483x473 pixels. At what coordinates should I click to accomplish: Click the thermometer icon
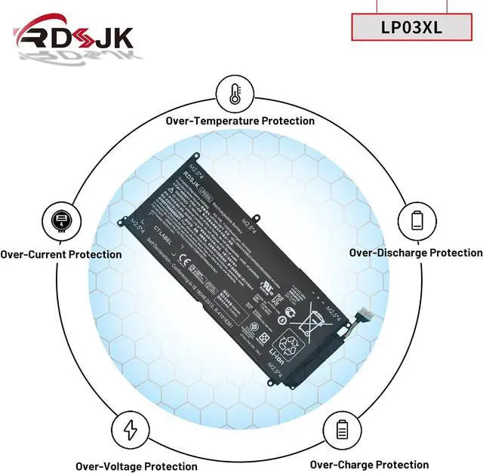[x=235, y=93]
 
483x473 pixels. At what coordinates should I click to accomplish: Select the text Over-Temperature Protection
[x=240, y=121]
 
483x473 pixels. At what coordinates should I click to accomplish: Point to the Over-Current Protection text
[x=61, y=254]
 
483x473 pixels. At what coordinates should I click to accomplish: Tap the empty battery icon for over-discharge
[x=417, y=220]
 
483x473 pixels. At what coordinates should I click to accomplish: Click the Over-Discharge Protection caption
[x=415, y=253]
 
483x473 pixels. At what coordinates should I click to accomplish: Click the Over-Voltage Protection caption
[x=136, y=466]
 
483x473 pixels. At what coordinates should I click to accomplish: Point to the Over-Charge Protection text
[x=369, y=465]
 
